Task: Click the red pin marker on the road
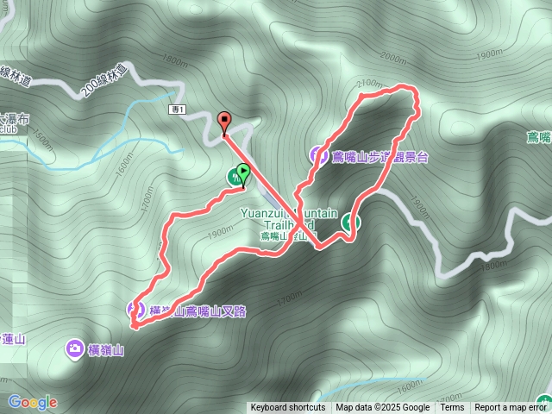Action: tap(225, 123)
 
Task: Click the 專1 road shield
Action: tap(177, 110)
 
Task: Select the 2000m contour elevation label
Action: tap(391, 58)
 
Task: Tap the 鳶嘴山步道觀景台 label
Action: tap(379, 157)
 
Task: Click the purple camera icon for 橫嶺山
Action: tap(75, 349)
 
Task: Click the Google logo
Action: tap(32, 402)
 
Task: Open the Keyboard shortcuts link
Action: tap(287, 408)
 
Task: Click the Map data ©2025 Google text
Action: tap(383, 408)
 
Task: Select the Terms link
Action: tap(452, 408)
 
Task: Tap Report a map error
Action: tap(511, 408)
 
